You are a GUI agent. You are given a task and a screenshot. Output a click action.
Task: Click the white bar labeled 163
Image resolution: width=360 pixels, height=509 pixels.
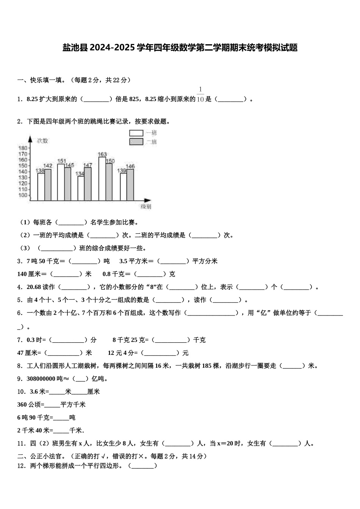(x=102, y=179)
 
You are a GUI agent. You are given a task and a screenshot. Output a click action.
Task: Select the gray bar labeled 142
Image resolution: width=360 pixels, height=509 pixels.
(x=48, y=185)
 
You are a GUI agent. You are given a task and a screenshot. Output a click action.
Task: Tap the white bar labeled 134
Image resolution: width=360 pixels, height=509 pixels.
(x=81, y=188)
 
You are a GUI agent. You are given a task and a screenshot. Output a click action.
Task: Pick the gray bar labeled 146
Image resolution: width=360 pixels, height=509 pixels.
(x=130, y=185)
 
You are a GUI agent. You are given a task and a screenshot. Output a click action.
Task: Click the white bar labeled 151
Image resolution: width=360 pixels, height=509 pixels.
(x=61, y=182)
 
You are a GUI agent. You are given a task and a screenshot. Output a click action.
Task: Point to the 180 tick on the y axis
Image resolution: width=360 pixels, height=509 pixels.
(x=23, y=148)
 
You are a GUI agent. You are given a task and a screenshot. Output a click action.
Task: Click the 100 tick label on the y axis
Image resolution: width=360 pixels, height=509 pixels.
(x=23, y=195)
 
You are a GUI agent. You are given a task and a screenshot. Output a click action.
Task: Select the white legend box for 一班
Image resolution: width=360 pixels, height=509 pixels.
(x=136, y=133)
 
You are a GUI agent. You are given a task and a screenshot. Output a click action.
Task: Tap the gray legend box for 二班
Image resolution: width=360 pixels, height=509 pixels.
(x=136, y=142)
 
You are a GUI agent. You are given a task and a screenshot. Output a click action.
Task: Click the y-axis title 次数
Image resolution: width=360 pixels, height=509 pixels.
(x=42, y=141)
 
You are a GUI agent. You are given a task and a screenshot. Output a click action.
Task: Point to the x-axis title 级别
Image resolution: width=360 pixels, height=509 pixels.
(x=146, y=207)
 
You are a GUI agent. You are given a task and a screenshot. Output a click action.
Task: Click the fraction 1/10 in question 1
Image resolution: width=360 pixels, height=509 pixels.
(x=200, y=95)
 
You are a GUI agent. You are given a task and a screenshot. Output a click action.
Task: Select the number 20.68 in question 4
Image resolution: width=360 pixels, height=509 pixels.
(x=34, y=287)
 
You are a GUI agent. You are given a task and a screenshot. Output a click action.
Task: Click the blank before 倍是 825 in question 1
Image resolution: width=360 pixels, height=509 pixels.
(x=96, y=100)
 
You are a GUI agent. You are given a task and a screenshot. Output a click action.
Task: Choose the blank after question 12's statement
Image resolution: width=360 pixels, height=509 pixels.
(x=143, y=466)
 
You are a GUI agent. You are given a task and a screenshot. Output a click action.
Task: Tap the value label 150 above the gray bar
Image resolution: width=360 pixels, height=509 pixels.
(x=110, y=161)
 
